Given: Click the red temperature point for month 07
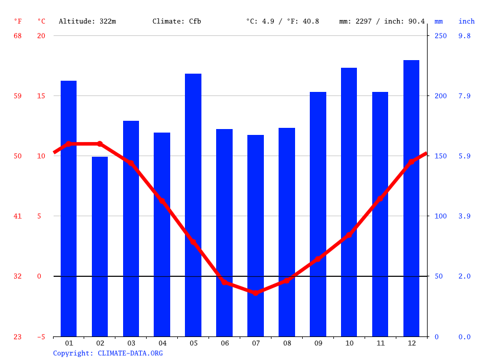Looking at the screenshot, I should [x=256, y=292].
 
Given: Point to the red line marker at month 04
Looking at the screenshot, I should [x=162, y=201].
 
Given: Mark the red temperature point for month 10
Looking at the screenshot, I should [x=349, y=235].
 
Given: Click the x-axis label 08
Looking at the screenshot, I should [x=287, y=343].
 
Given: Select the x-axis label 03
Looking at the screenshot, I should [x=131, y=343].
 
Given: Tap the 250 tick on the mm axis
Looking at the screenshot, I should [x=441, y=36].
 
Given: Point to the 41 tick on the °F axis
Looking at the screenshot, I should [x=18, y=216].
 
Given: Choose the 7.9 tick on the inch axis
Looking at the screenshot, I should [x=465, y=96].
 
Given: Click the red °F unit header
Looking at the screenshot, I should [x=18, y=21].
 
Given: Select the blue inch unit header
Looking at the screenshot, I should [x=466, y=21].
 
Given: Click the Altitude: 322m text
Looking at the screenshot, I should [x=87, y=21].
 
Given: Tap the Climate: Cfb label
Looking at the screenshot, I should [x=177, y=21].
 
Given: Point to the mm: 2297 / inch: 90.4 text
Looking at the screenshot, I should [x=382, y=21].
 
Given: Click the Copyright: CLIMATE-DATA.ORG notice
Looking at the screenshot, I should [x=108, y=353].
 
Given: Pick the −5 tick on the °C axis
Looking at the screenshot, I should [x=40, y=337].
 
